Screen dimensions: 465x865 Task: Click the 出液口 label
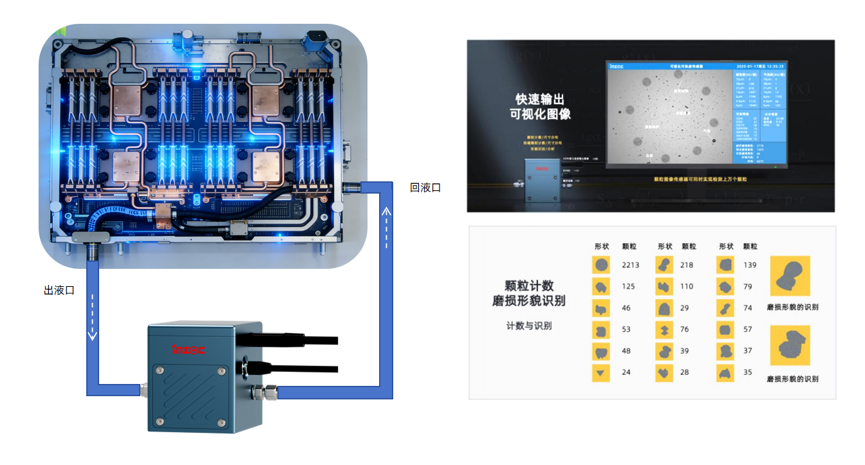point(59,291)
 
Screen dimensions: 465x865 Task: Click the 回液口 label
point(425,188)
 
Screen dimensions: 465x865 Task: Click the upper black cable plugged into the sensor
point(302,339)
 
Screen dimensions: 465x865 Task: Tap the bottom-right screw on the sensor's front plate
point(221,422)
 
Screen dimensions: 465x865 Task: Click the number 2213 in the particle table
point(631,265)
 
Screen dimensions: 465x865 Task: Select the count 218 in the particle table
point(687,265)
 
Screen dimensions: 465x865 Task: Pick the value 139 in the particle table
point(749,265)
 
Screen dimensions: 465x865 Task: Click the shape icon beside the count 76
point(663,330)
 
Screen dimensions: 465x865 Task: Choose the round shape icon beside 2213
point(601,265)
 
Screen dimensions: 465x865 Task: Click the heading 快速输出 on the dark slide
point(540,100)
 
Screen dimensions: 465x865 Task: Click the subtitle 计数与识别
point(528,326)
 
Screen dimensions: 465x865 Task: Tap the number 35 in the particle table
point(747,372)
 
